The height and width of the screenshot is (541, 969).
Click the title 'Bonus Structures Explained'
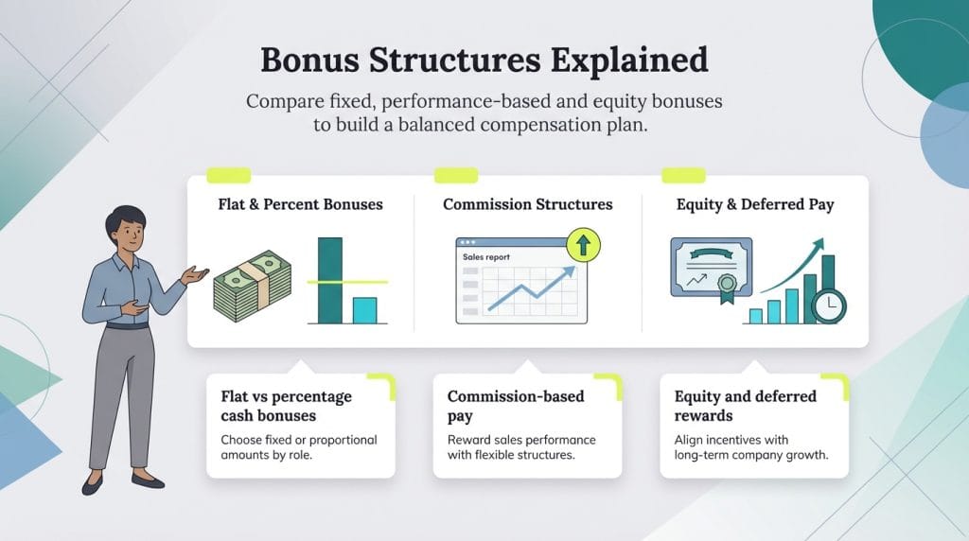tap(484, 60)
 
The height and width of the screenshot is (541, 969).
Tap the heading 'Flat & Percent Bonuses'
tap(300, 204)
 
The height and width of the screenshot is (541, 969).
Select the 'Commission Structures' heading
tap(527, 204)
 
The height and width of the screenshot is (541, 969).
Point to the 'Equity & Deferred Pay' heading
tap(755, 204)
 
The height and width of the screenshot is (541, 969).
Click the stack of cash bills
tap(250, 288)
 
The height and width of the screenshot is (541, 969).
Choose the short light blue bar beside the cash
tap(364, 310)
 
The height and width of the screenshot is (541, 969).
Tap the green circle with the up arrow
tap(583, 248)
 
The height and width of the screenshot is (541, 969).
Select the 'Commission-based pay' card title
tap(516, 406)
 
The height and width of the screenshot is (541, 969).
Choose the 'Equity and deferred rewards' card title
tap(745, 406)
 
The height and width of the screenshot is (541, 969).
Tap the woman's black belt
tap(127, 326)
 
